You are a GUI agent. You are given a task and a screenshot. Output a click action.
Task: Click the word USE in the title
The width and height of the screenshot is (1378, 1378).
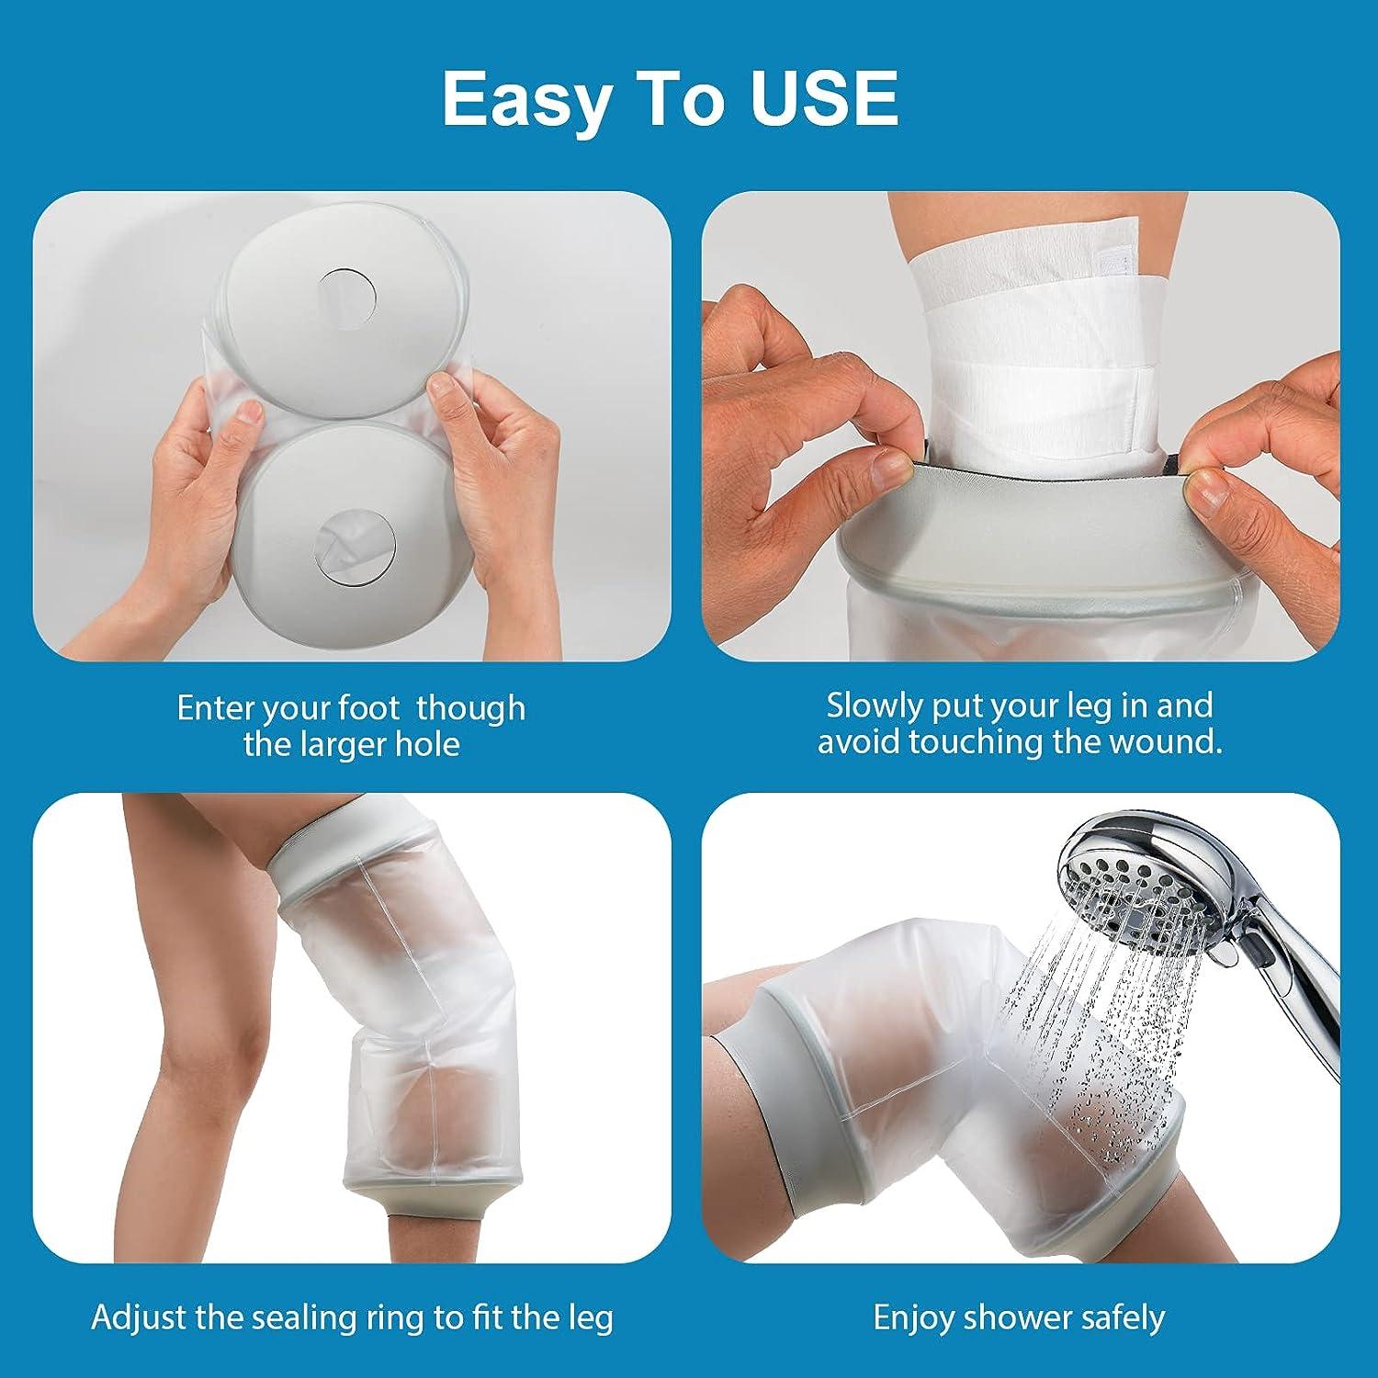824,98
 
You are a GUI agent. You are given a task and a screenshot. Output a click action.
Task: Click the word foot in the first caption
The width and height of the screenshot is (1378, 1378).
366,708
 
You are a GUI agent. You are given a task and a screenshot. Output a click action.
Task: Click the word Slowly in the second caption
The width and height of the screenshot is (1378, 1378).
874,706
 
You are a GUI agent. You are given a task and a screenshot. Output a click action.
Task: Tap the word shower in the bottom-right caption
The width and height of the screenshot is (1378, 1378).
1017,1317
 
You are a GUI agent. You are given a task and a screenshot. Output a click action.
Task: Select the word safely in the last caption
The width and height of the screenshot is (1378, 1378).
1120,1317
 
